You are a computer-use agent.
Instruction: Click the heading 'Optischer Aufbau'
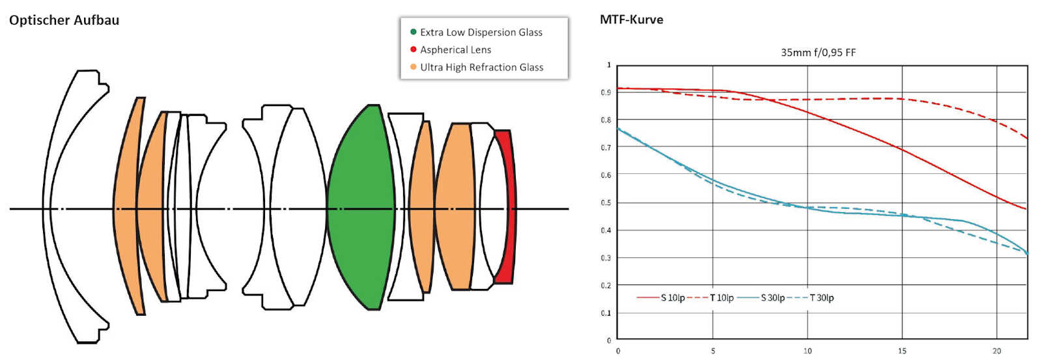[x=64, y=20]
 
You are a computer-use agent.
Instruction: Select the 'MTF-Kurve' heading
[x=631, y=20]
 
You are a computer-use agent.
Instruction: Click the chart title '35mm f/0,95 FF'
[x=818, y=53]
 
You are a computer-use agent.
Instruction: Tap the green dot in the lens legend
[x=413, y=32]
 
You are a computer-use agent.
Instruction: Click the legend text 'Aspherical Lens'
[x=455, y=49]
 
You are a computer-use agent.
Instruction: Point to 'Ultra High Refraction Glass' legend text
[x=481, y=68]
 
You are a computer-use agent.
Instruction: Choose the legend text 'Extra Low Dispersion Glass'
[x=481, y=33]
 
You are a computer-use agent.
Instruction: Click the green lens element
[x=361, y=208]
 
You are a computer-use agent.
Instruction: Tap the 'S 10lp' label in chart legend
[x=673, y=298]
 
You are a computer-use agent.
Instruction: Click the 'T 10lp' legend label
[x=722, y=298]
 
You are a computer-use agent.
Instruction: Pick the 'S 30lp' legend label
[x=772, y=298]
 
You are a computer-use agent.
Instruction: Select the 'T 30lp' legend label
[x=821, y=298]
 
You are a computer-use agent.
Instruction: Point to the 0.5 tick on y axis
[x=606, y=203]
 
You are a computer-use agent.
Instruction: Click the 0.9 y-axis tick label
[x=606, y=92]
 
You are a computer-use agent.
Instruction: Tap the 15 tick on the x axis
[x=902, y=351]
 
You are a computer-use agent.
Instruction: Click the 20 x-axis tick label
[x=996, y=351]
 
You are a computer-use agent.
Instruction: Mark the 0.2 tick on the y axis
[x=606, y=286]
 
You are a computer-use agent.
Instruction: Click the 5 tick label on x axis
[x=712, y=351]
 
